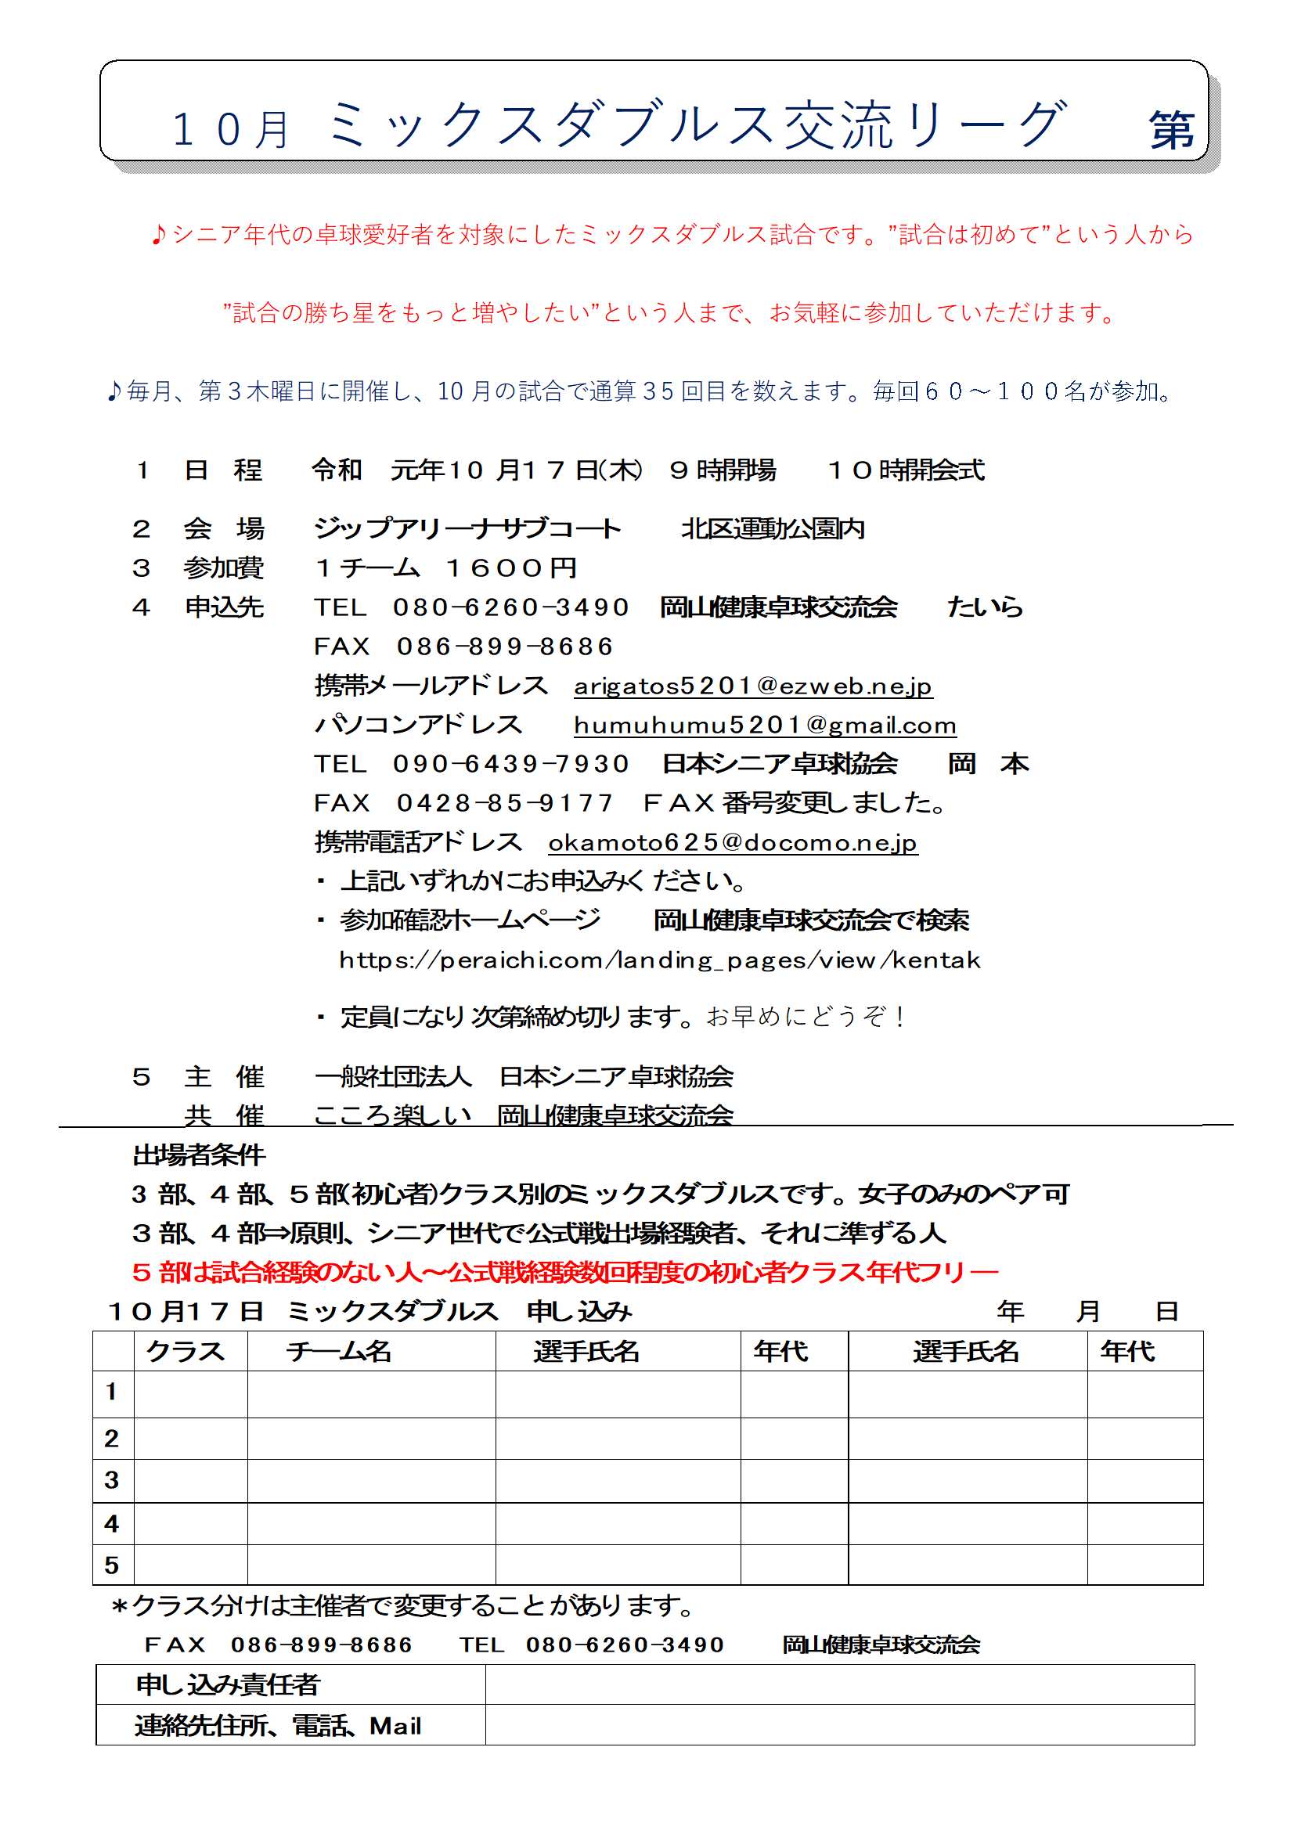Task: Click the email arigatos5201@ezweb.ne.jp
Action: pos(752,686)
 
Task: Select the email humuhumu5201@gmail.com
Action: pos(765,726)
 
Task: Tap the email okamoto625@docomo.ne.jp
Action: pos(733,842)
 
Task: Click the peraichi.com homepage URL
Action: pos(659,960)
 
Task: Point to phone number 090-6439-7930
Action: pos(511,765)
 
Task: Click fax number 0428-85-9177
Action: pos(505,803)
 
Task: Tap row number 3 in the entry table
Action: pos(112,1480)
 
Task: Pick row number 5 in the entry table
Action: pos(112,1565)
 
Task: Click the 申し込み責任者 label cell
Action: pos(228,1684)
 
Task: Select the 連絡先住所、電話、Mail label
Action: pos(277,1726)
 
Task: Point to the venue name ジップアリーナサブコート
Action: pos(467,528)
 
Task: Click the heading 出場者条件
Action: pos(200,1155)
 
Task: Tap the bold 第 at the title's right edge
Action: pos(1171,130)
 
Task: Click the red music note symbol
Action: pos(158,234)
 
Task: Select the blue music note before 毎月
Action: pos(114,391)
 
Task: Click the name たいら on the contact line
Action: pos(986,607)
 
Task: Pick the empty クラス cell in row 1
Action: pos(190,1393)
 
